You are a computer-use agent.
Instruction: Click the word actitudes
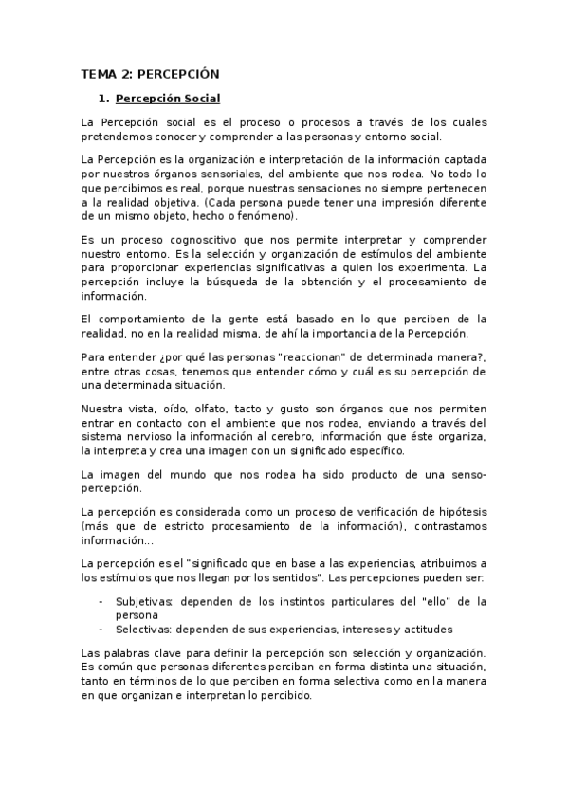point(422,630)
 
